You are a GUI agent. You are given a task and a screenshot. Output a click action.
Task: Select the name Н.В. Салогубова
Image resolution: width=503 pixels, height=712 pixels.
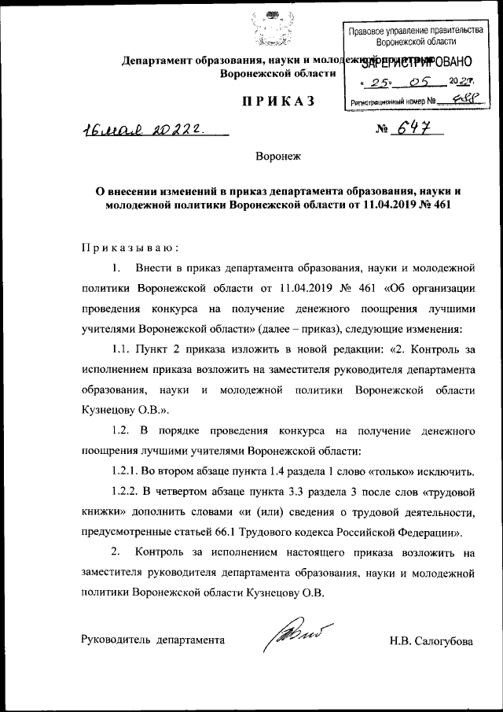(x=431, y=641)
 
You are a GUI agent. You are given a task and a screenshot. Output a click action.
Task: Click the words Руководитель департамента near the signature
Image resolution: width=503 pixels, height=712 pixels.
(x=153, y=640)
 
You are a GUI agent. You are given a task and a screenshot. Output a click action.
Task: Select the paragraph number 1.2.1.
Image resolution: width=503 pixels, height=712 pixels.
(x=127, y=473)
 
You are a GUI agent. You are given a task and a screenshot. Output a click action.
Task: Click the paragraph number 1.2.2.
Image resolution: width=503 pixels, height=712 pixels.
(x=127, y=493)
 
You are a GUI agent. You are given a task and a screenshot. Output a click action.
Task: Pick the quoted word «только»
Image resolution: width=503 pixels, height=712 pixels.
(x=399, y=473)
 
